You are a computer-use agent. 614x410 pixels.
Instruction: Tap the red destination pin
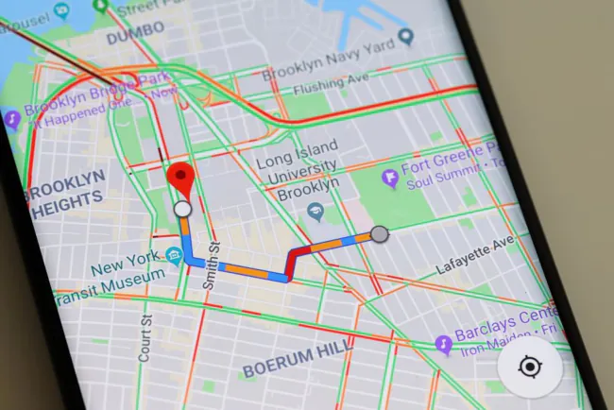click(179, 178)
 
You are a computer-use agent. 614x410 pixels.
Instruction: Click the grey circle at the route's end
click(379, 233)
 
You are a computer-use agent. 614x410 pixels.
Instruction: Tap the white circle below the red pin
click(183, 208)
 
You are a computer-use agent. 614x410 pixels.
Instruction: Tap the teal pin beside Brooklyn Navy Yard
click(407, 38)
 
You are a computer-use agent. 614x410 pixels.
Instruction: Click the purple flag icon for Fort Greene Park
click(389, 177)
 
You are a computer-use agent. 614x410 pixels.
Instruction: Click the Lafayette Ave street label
click(475, 256)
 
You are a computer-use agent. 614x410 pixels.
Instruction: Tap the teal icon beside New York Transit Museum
click(173, 256)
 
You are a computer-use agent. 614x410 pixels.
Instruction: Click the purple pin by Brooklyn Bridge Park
click(12, 120)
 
